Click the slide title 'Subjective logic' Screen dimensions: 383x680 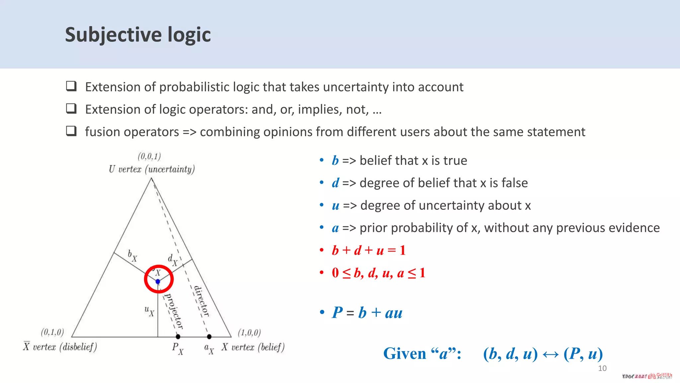coord(138,35)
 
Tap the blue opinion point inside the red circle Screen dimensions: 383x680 coord(158,282)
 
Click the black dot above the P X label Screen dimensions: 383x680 coord(178,337)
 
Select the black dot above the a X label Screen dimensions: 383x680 coord(209,337)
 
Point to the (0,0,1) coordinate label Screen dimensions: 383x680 coord(149,156)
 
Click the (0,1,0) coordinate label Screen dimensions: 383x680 coord(52,332)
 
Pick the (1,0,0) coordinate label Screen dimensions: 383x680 coord(249,332)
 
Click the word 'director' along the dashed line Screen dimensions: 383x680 coord(202,301)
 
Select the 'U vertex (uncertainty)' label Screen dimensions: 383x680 coord(151,169)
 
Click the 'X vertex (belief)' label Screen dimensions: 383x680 coord(253,347)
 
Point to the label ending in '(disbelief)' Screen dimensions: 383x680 coord(60,347)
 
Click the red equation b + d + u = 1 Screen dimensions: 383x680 coord(369,250)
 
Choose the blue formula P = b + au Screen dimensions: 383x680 coord(367,313)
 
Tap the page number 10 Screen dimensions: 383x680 coord(602,368)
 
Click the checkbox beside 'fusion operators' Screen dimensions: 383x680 coord(71,131)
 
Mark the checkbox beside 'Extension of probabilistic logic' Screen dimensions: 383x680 coord(71,86)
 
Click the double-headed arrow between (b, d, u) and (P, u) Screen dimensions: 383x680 coord(550,354)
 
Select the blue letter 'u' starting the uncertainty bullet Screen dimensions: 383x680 coord(335,206)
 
